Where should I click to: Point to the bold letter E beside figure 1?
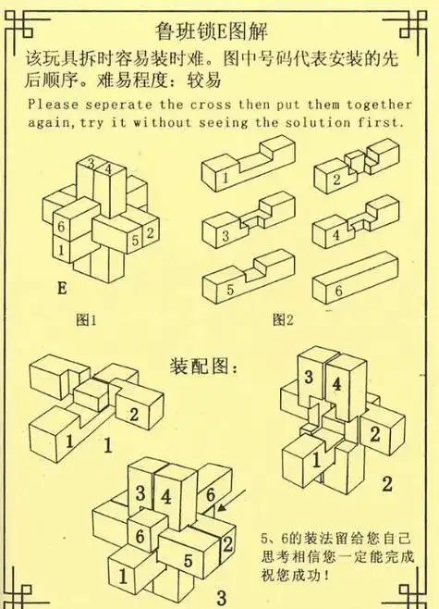[62, 289]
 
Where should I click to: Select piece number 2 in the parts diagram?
[355, 172]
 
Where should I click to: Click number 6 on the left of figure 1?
[60, 226]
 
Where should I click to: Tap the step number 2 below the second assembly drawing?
[386, 483]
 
